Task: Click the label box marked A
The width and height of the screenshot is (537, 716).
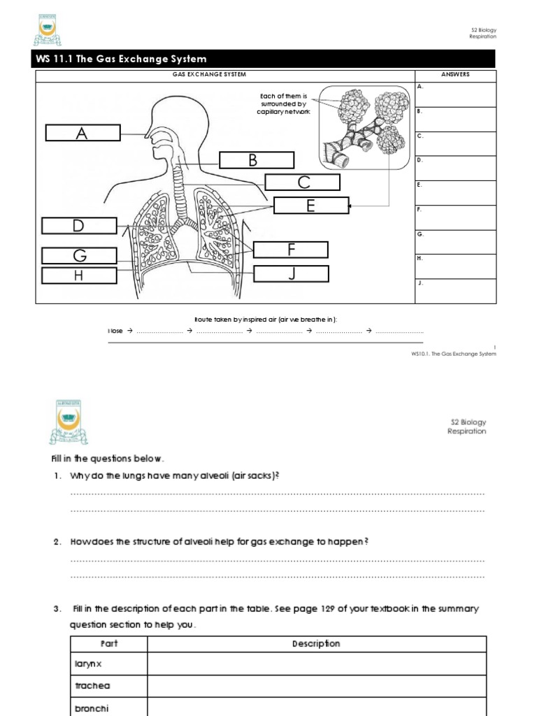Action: click(x=83, y=133)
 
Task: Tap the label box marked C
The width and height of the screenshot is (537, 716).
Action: click(x=303, y=182)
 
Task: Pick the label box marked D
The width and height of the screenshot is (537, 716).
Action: click(x=79, y=225)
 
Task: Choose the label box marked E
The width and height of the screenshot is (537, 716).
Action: click(x=310, y=206)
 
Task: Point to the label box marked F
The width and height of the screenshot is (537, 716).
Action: click(x=290, y=250)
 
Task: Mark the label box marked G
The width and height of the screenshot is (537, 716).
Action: click(x=79, y=257)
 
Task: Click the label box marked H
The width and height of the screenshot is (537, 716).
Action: click(x=79, y=275)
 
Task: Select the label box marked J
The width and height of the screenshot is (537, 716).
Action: click(x=291, y=273)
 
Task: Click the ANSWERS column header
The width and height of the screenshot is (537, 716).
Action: click(x=455, y=75)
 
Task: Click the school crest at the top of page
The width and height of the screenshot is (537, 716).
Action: click(x=48, y=31)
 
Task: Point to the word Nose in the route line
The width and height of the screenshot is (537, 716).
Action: click(x=115, y=331)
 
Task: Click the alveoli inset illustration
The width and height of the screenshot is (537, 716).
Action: click(x=364, y=127)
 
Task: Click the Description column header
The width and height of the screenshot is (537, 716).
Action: click(x=316, y=644)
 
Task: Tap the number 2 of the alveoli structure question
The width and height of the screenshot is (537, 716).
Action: click(x=57, y=542)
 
